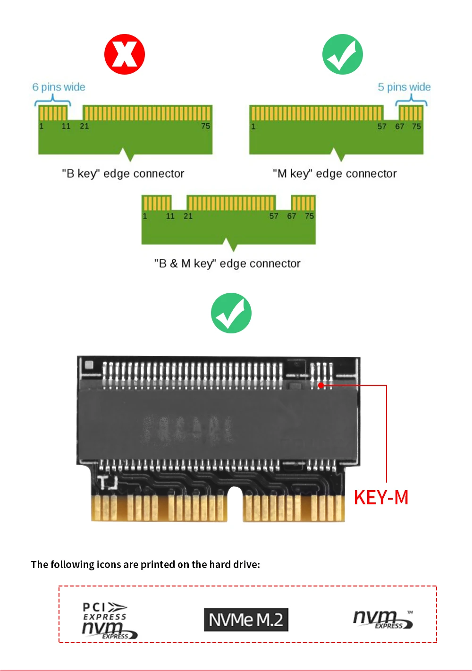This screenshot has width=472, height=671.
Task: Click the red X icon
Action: click(124, 54)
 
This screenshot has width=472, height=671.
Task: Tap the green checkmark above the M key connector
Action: click(342, 54)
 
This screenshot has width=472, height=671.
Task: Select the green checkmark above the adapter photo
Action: click(231, 313)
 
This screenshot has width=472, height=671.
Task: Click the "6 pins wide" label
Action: click(59, 87)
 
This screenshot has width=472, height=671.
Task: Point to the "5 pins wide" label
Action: click(404, 87)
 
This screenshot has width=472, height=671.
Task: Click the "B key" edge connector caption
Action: click(123, 174)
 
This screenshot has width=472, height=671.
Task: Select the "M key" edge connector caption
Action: click(335, 174)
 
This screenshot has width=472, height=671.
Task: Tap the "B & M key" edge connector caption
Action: click(227, 263)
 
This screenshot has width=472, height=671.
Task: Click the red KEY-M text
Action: click(381, 498)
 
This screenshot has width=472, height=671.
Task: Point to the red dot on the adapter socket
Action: click(321, 385)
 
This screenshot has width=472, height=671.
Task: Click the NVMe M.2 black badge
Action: click(246, 620)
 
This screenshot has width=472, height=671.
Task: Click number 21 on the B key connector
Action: click(84, 127)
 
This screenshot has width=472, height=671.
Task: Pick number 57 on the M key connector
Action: click(382, 127)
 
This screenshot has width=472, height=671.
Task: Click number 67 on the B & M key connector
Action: click(292, 216)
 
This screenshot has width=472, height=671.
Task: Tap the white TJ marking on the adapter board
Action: click(107, 483)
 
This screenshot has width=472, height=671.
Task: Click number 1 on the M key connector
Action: click(253, 127)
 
